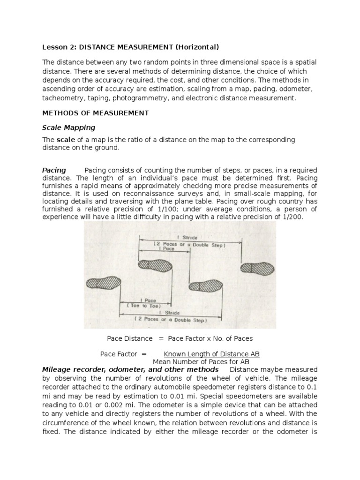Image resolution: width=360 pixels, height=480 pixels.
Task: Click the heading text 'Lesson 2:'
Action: tap(57, 47)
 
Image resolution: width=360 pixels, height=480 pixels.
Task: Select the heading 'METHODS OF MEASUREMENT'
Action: tap(96, 113)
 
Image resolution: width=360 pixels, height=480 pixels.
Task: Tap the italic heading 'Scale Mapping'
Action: tap(68, 127)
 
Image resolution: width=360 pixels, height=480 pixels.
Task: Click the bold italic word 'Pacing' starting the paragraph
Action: tap(54, 170)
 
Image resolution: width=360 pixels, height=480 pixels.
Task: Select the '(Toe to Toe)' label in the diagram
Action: tap(138, 305)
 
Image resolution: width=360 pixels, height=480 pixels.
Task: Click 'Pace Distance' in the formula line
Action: tap(130, 338)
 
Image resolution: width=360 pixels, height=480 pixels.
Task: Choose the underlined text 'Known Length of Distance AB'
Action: tap(211, 353)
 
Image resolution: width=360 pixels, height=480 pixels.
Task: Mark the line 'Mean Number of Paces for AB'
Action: tap(201, 362)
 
